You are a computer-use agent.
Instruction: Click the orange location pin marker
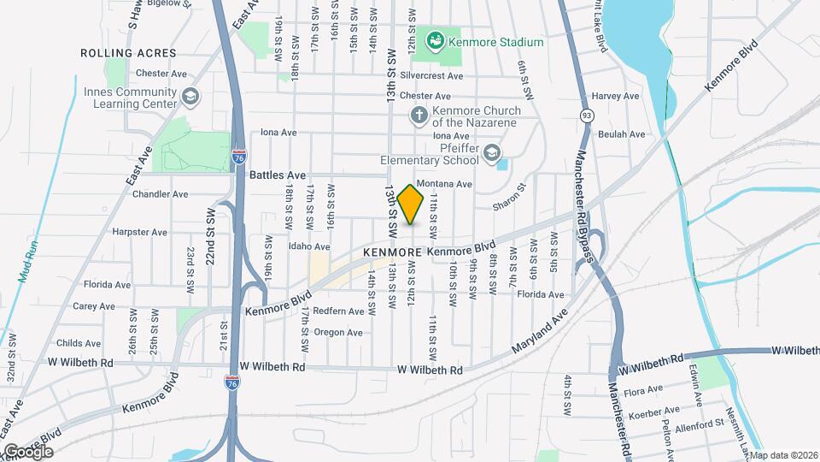(411, 204)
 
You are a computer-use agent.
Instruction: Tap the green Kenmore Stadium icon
(435, 40)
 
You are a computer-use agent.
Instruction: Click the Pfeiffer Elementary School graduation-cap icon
(491, 153)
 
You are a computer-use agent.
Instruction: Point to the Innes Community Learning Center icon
(190, 97)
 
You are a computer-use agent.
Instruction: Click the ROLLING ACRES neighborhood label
(128, 53)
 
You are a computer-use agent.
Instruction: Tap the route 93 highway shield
(586, 115)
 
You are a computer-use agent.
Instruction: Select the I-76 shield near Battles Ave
(239, 157)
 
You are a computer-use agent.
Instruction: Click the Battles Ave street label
(278, 175)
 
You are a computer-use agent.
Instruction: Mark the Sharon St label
(510, 198)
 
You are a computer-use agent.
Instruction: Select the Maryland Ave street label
(540, 335)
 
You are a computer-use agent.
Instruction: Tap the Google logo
(27, 451)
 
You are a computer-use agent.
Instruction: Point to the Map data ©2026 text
(783, 455)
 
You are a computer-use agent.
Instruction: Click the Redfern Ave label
(338, 311)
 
